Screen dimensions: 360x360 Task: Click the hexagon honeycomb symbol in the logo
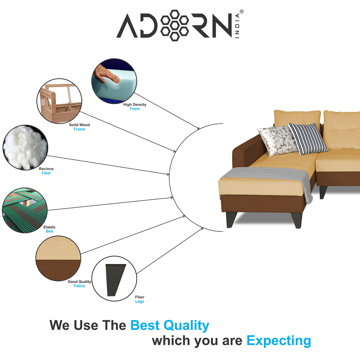(175, 25)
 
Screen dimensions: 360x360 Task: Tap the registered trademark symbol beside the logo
(242, 12)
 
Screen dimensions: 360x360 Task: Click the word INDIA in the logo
(237, 26)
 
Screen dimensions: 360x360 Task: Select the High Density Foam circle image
(114, 81)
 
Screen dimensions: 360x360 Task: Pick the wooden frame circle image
(59, 101)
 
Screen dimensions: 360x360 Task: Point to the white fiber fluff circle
(25, 147)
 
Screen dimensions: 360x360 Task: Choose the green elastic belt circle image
(25, 210)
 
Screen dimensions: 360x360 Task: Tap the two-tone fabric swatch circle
(58, 258)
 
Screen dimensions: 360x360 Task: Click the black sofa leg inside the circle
(115, 280)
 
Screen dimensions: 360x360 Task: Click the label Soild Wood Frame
(80, 127)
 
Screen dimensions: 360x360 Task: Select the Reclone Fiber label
(46, 171)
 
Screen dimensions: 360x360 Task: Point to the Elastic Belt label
(49, 229)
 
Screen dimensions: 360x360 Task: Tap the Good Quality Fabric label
(80, 284)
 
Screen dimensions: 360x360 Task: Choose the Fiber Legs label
(140, 299)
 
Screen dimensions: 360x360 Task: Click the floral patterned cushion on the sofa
(277, 140)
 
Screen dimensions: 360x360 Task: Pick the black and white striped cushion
(308, 139)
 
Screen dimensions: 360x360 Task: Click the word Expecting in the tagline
(279, 341)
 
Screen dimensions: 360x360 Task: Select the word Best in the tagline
(145, 325)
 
